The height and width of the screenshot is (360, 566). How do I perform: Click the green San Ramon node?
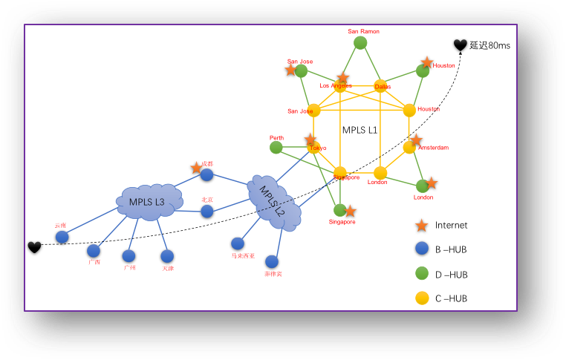(360, 43)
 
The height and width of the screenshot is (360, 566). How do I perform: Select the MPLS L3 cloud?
(149, 201)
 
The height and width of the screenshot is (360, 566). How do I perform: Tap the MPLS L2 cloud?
(274, 201)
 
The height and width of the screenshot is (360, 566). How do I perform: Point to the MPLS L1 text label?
(360, 130)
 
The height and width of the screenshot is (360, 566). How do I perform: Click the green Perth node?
(276, 148)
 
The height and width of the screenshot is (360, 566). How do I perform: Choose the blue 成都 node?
(206, 175)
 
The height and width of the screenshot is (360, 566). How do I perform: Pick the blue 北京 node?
(207, 212)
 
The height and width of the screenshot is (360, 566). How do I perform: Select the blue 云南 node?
(62, 237)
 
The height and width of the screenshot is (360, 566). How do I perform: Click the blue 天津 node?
(167, 256)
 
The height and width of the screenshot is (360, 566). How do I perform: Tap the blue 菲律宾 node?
(272, 262)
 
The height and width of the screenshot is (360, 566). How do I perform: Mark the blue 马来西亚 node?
(238, 243)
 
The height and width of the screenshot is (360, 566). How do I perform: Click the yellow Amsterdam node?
(409, 147)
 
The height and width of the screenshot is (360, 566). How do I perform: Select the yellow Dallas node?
(380, 86)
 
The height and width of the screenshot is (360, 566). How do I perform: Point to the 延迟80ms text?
(489, 45)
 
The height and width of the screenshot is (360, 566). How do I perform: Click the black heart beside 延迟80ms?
(461, 45)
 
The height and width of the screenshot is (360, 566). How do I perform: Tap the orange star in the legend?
(421, 225)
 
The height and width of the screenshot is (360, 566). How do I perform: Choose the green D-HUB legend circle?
(421, 274)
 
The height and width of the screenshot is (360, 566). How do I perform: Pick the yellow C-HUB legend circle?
(421, 298)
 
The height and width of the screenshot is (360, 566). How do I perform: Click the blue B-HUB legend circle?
(421, 249)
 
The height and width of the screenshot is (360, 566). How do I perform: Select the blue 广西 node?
(94, 251)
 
